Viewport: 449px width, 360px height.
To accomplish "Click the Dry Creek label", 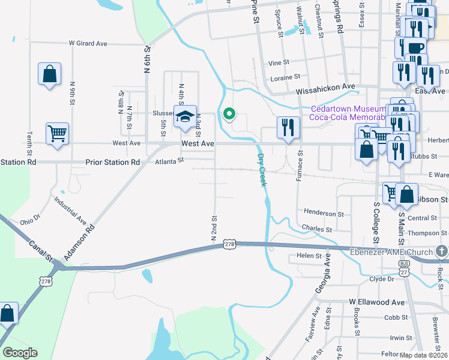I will click(x=262, y=170).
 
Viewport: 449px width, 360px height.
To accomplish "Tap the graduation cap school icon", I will click(x=185, y=116).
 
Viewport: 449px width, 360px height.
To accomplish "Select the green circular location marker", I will click(x=228, y=113).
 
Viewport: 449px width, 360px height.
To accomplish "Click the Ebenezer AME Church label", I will click(x=391, y=252).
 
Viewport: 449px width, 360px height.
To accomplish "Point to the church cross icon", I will click(x=442, y=251).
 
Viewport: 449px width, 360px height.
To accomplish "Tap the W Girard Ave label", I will click(x=88, y=43).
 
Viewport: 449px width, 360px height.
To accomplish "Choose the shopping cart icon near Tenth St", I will click(x=57, y=134).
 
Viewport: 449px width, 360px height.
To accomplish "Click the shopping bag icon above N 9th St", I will click(x=49, y=74).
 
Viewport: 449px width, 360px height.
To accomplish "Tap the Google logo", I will click(x=20, y=353).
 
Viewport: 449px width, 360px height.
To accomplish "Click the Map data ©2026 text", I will click(x=423, y=355).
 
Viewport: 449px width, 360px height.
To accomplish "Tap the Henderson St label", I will click(x=324, y=213).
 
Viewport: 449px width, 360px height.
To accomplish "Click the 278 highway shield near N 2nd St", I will click(x=229, y=244).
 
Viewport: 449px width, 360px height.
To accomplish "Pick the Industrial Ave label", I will click(x=70, y=208).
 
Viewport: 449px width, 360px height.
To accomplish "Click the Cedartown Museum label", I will click(x=347, y=109).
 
